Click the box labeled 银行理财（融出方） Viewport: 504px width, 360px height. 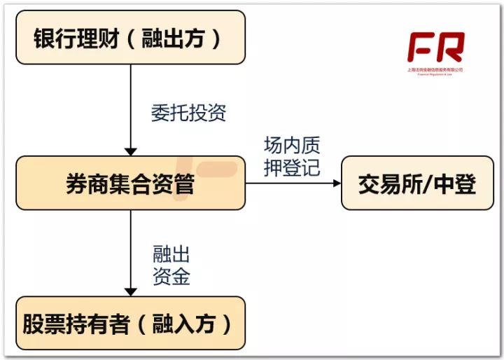(x=130, y=38)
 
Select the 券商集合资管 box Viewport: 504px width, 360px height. (x=130, y=184)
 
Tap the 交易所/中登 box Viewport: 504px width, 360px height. (x=417, y=184)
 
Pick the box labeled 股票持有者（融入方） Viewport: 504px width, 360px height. (x=130, y=324)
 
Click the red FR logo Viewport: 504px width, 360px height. (x=435, y=47)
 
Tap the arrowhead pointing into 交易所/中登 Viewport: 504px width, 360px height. (x=337, y=184)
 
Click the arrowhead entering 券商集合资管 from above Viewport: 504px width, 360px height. (x=130, y=151)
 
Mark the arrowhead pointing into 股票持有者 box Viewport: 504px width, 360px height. (x=130, y=291)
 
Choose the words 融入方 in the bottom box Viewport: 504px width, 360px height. (x=185, y=324)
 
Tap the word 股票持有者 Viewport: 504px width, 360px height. (x=76, y=324)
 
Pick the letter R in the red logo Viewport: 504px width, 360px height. (x=450, y=47)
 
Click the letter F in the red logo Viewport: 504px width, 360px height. (x=421, y=47)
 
